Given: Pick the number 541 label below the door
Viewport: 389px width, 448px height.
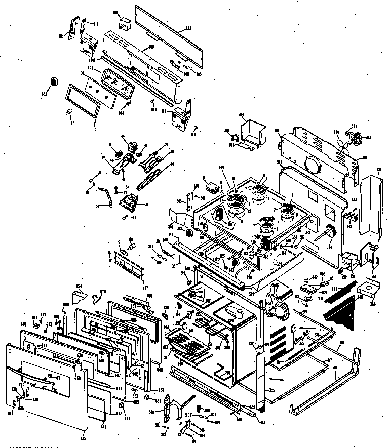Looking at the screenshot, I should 127,418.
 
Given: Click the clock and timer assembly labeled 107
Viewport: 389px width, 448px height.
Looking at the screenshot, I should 116,82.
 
